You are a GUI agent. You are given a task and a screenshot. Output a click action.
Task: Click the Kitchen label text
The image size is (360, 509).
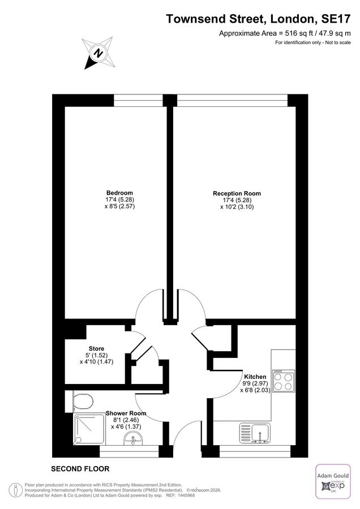click(x=255, y=376)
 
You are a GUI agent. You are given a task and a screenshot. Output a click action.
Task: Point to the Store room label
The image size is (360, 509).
click(x=96, y=348)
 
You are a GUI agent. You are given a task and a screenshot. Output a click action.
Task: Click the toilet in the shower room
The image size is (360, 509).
click(x=83, y=402)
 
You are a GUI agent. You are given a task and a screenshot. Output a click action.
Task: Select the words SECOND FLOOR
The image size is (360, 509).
click(x=80, y=469)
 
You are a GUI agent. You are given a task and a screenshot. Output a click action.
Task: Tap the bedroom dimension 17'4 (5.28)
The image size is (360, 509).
click(x=119, y=199)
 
